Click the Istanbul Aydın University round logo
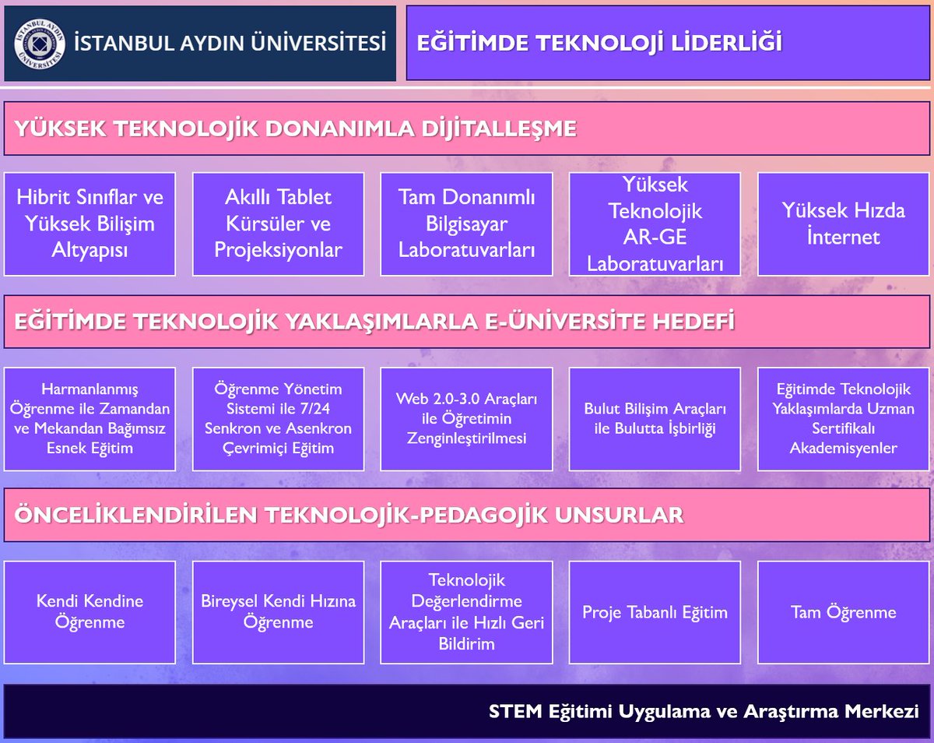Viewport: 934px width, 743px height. point(40,44)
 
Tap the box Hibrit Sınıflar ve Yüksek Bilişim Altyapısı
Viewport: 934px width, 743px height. point(90,224)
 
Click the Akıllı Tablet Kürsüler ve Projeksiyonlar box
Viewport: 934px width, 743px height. point(278,224)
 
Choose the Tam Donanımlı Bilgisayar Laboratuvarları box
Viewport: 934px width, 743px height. point(466,224)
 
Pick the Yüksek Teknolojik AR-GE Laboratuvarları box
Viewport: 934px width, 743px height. point(655,224)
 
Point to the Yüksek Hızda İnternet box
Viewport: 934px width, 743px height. point(843,224)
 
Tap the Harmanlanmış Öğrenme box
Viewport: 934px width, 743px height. point(90,419)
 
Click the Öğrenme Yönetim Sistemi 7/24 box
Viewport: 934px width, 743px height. point(278,419)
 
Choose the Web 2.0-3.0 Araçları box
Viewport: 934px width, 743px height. point(466,419)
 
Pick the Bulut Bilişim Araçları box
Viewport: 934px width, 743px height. point(655,419)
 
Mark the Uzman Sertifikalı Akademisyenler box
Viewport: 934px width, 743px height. point(843,419)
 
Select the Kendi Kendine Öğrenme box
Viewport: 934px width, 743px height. point(90,612)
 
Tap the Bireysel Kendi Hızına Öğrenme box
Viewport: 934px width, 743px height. point(278,612)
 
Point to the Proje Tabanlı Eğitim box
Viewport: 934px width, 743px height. point(655,612)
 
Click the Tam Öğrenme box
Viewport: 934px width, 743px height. point(843,612)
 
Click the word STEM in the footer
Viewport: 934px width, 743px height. point(507,711)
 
